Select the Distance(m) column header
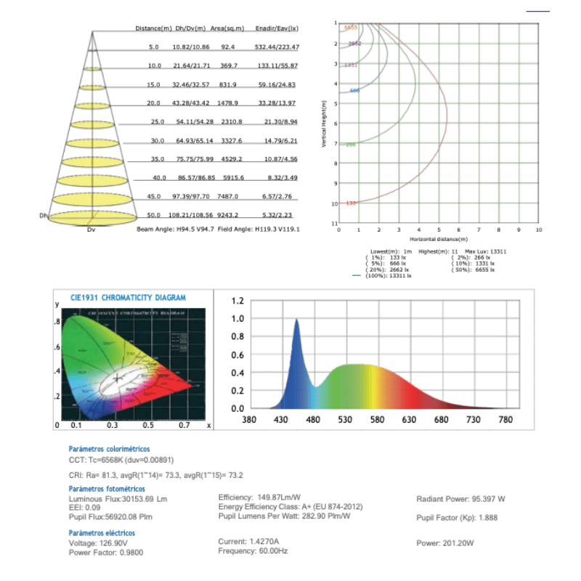(x=153, y=28)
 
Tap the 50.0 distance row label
(x=153, y=216)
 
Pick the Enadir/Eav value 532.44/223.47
(x=277, y=46)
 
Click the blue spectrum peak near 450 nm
(x=296, y=322)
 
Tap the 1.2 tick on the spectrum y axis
(x=237, y=301)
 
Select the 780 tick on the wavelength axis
(x=505, y=420)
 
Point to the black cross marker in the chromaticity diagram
(x=118, y=378)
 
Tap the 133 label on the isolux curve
(x=351, y=203)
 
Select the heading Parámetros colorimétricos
(x=110, y=450)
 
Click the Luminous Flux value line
(x=118, y=500)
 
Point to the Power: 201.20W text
(x=445, y=543)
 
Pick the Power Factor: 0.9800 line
(x=105, y=552)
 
